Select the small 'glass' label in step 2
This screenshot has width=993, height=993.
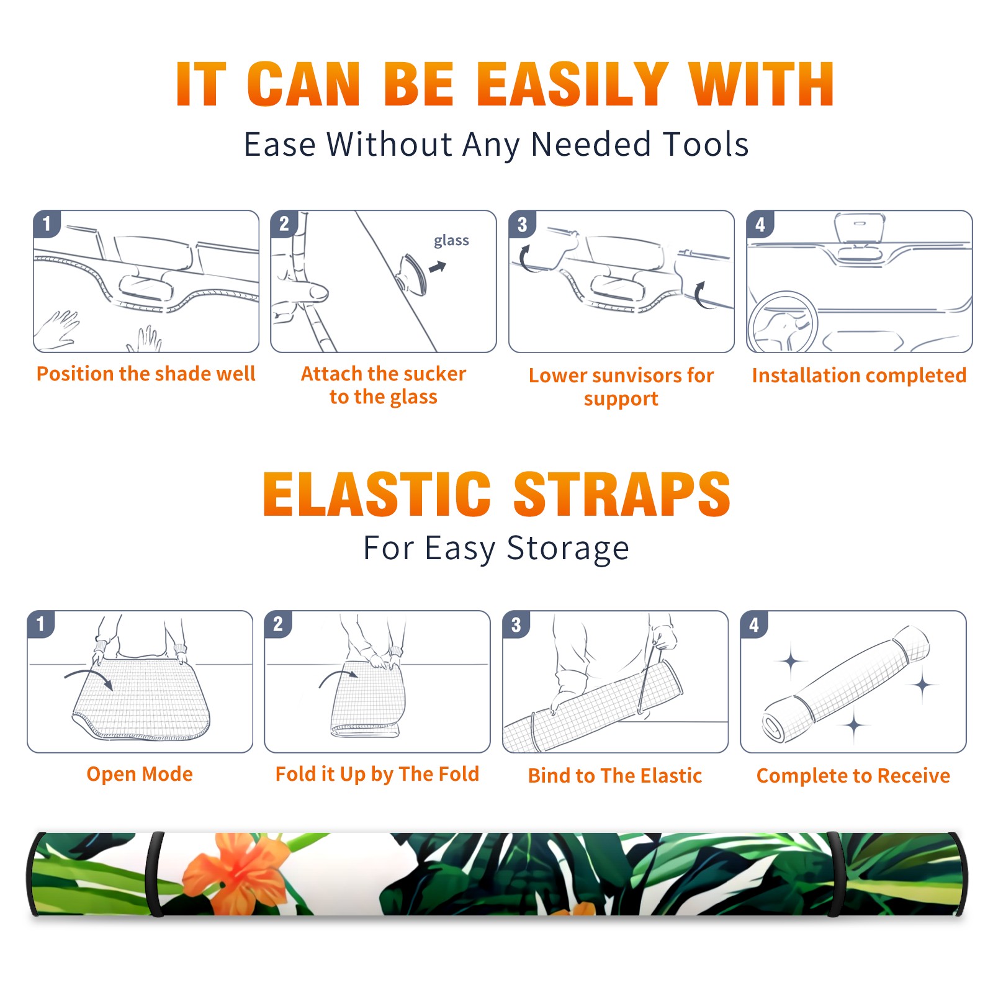451,241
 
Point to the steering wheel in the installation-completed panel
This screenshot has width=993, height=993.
783,322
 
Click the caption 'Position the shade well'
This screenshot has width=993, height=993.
146,374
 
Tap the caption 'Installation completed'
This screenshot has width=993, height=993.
859,375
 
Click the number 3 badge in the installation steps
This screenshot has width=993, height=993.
522,224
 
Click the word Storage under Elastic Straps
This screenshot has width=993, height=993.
568,549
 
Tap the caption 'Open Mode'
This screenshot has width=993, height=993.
140,774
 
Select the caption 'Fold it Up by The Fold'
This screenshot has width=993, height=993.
377,774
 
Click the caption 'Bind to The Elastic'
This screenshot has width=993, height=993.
615,776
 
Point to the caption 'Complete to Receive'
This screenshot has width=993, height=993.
853,776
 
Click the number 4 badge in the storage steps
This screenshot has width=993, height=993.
754,624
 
